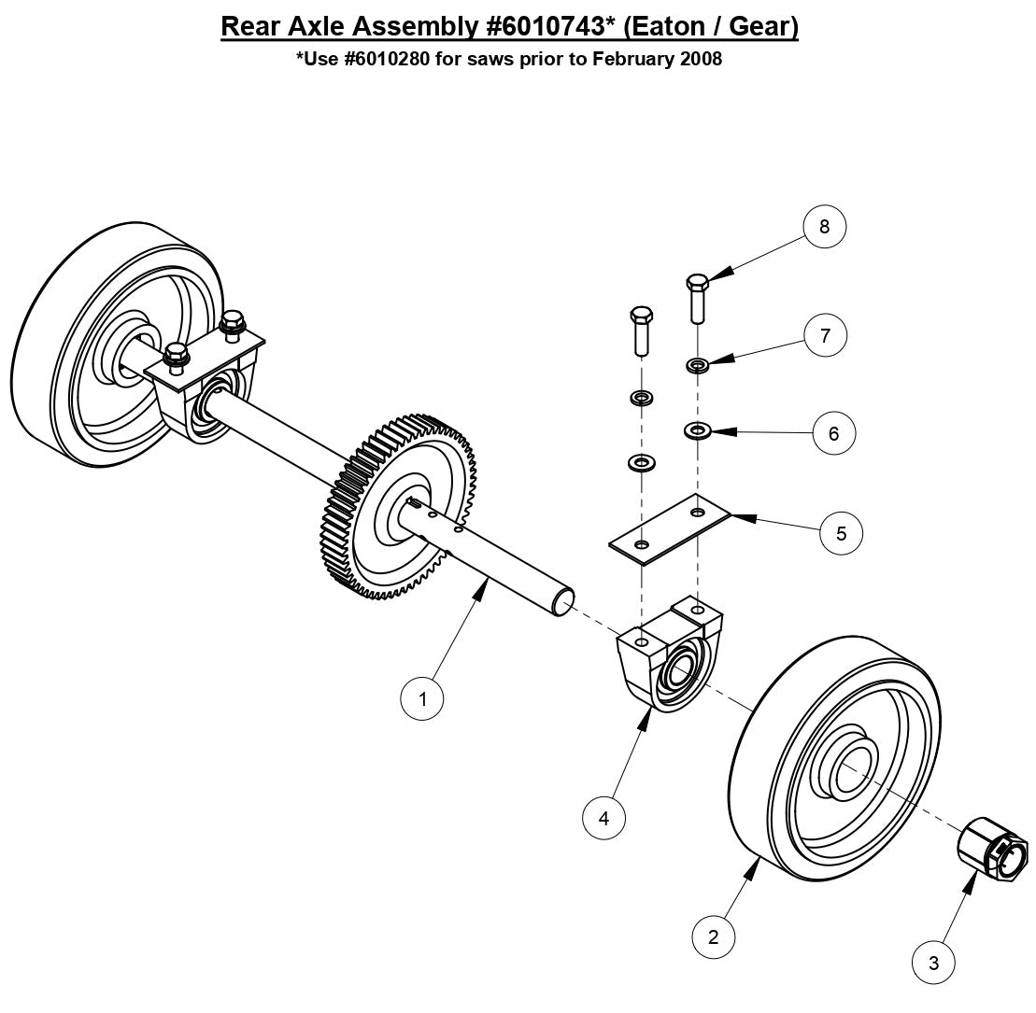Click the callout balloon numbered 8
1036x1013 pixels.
(824, 227)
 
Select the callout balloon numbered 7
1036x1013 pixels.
(825, 335)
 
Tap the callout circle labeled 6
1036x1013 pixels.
(833, 433)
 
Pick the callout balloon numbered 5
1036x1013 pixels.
(841, 533)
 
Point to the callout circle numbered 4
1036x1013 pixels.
(603, 818)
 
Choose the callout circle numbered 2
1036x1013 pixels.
(714, 936)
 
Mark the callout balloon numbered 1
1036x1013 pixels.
(422, 698)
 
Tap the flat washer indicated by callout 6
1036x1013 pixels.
(697, 430)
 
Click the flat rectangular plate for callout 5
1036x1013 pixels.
(668, 529)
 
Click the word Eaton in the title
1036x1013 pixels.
(668, 26)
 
